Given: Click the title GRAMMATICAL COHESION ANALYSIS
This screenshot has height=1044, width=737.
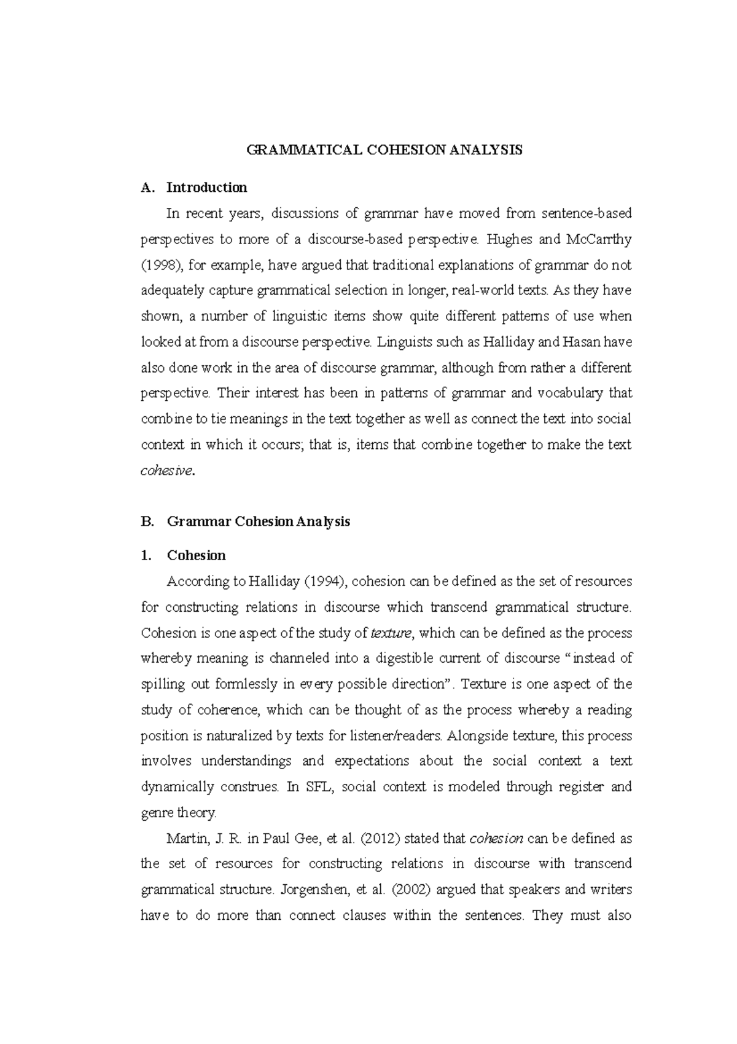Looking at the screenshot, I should tap(384, 150).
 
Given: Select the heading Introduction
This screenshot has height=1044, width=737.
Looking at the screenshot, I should tap(206, 188).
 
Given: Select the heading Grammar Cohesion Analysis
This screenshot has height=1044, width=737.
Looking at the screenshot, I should tap(258, 522).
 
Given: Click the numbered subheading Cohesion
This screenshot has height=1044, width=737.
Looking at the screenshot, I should tap(196, 556).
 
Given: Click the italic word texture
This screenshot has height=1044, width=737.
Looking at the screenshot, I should tap(393, 633).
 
